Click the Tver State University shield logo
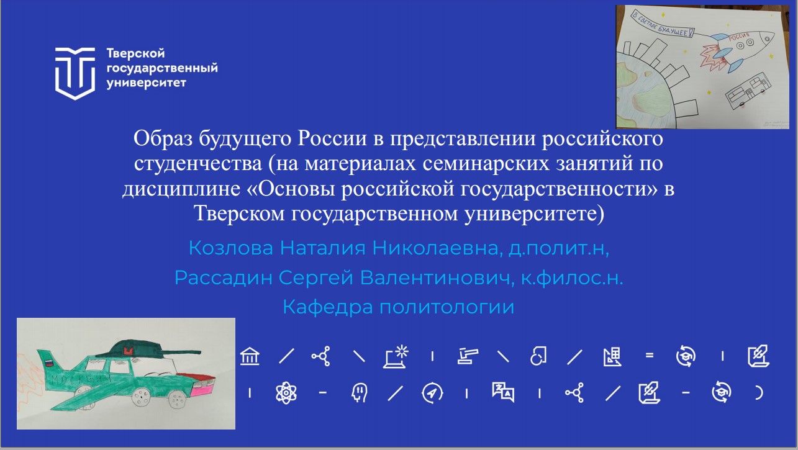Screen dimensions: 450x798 76,72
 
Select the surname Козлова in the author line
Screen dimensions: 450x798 230,248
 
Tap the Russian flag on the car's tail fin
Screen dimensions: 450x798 45,361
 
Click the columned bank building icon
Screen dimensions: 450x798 250,356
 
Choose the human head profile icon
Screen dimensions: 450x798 357,393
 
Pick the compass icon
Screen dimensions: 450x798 432,393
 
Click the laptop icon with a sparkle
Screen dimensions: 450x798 396,356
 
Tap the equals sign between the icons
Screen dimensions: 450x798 650,356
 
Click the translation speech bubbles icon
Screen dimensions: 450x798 502,393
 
